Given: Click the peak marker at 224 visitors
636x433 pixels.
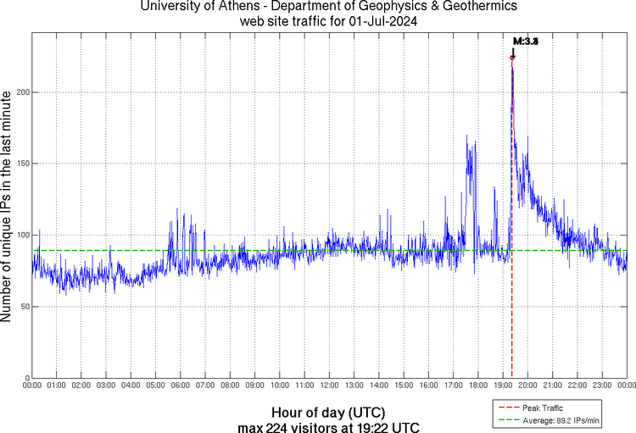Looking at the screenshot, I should (x=512, y=58).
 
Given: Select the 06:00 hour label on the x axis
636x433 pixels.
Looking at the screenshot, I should (x=181, y=386).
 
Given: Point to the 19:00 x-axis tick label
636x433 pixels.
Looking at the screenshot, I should (x=502, y=386).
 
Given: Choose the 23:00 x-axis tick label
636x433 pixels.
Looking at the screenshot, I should (x=601, y=386).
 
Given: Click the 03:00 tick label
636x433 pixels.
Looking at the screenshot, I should (x=106, y=386).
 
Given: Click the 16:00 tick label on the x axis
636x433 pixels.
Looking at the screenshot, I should (x=428, y=386).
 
